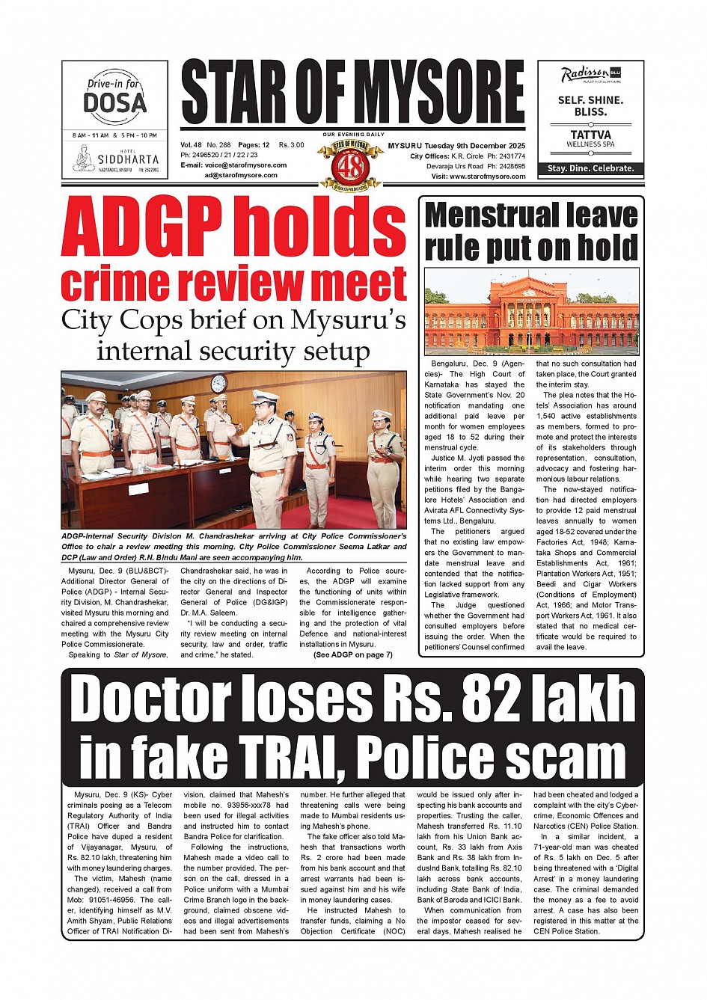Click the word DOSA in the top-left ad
coord(114,102)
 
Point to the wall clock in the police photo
coord(219,384)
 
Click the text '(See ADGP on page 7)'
coord(352,654)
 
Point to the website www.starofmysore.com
coord(488,177)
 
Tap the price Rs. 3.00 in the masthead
coord(292,145)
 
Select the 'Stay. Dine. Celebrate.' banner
coord(590,168)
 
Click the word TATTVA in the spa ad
coord(590,135)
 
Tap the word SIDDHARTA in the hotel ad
coord(129,159)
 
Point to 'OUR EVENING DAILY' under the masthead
coord(352,134)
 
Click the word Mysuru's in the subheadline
coord(349,320)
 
